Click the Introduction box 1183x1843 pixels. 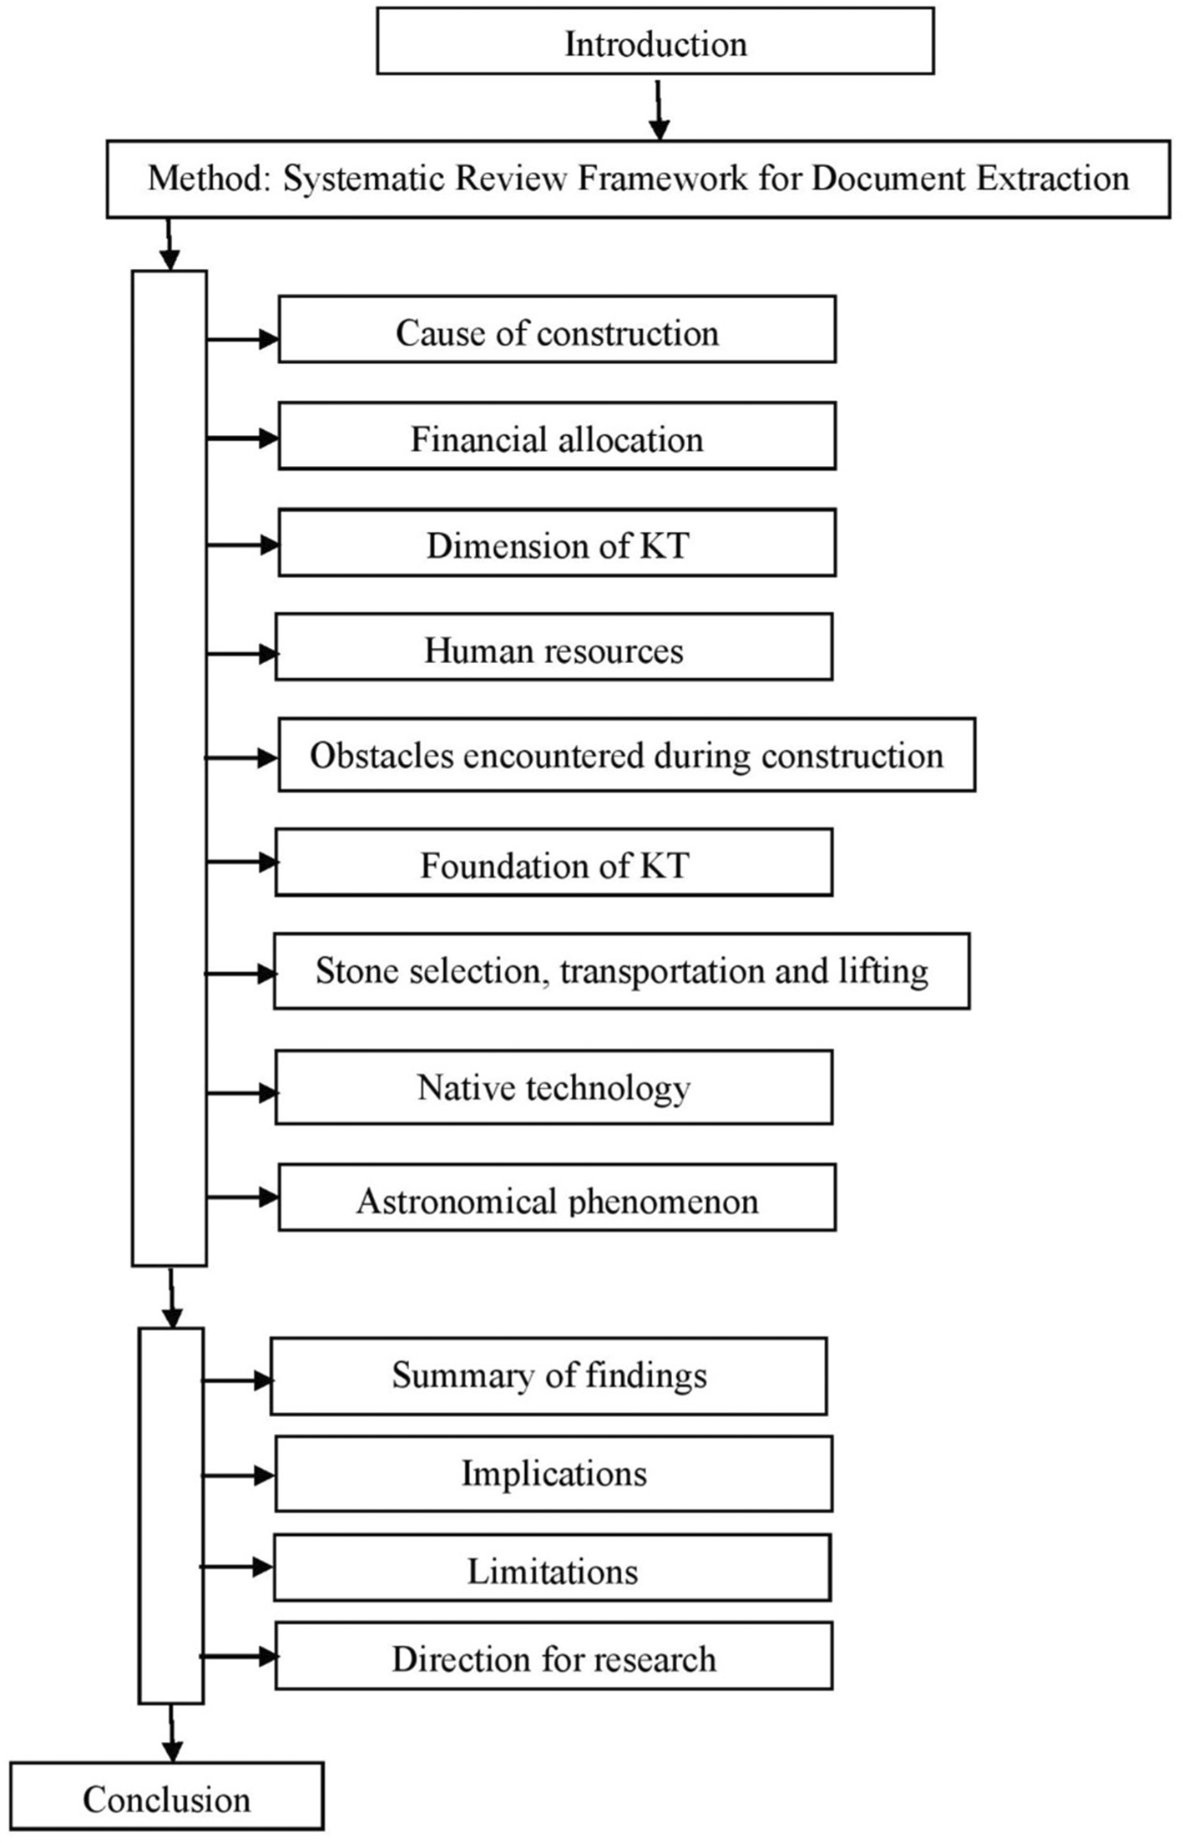click(655, 42)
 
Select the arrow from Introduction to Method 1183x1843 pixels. click(660, 109)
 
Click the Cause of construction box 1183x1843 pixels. click(557, 329)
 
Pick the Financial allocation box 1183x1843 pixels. click(557, 436)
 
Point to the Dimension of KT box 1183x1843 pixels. click(557, 543)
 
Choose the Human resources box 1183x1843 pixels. click(554, 647)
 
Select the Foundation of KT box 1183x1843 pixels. click(554, 863)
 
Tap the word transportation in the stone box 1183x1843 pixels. click(663, 972)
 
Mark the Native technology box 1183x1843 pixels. click(554, 1087)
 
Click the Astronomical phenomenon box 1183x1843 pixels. click(557, 1197)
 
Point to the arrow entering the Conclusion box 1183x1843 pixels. click(172, 1734)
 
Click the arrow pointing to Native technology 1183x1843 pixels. click(242, 1092)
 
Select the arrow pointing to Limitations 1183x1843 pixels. click(238, 1567)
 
